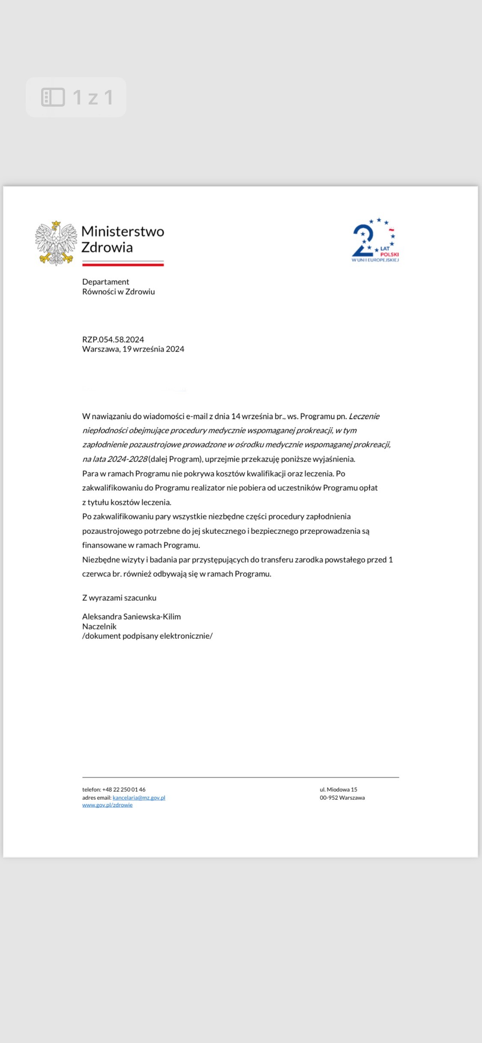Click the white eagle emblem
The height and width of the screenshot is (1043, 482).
pos(56,243)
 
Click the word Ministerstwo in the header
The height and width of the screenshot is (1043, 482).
pos(123,232)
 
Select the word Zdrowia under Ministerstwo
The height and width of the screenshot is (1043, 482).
pos(107,247)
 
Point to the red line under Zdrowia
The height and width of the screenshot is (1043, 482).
pos(123,265)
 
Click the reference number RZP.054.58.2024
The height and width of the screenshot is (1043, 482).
pos(113,340)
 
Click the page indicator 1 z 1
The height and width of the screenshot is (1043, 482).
pos(93,97)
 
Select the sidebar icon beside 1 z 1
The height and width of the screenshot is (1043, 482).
pos(53,97)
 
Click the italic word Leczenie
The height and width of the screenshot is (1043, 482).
pos(364,416)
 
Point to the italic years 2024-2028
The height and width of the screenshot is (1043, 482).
pos(127,459)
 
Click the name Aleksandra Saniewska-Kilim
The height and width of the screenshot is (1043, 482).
pos(132,617)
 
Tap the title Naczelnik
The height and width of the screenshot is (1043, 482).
pos(99,626)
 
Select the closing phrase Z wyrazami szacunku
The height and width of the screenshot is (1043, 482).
pos(119,598)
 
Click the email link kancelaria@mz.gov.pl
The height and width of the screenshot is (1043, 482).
pos(139,798)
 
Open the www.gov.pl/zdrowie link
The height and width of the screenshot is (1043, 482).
pos(108,805)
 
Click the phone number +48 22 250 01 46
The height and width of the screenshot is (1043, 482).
pos(124,790)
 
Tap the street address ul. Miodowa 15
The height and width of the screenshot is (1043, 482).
pos(338,790)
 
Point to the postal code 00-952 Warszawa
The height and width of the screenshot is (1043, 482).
pos(342,798)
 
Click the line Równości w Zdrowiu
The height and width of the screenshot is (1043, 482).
pos(119,292)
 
